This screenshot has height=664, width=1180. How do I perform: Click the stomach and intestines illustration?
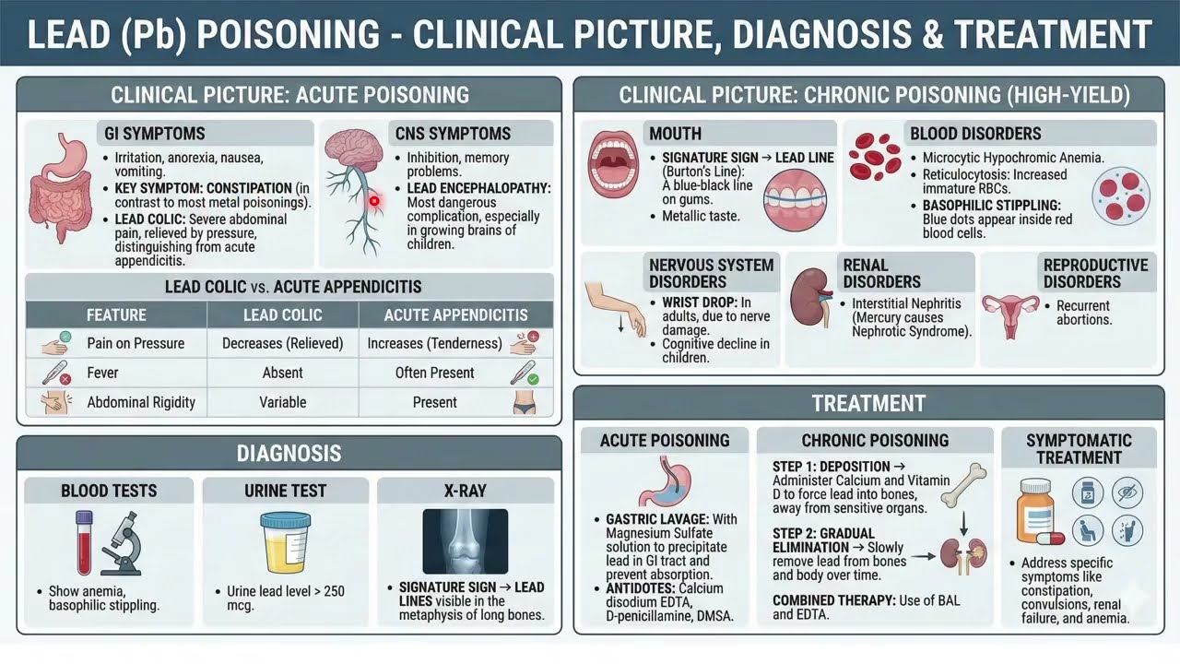[61, 187]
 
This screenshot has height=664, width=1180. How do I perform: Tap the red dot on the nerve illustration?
[374, 201]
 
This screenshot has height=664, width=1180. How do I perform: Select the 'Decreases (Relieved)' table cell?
[282, 344]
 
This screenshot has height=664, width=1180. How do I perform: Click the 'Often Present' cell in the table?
[434, 373]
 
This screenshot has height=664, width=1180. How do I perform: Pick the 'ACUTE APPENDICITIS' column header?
[455, 315]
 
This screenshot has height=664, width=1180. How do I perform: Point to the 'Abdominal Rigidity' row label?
[141, 403]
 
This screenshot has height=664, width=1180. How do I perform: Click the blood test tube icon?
[84, 543]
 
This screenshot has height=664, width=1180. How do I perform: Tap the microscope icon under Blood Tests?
[123, 543]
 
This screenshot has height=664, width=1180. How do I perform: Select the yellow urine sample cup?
[286, 543]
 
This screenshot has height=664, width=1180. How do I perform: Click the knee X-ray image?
[466, 541]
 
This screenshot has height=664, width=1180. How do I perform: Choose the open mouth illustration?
[613, 164]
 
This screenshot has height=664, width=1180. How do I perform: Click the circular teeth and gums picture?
[795, 200]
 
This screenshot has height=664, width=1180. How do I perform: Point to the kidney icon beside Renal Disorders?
[811, 297]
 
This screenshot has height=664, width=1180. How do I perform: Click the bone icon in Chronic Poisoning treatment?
[963, 485]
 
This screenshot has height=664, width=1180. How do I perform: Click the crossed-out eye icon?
[1127, 492]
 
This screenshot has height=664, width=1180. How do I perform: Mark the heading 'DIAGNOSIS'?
[289, 453]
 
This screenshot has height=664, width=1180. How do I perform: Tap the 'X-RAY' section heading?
[466, 492]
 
